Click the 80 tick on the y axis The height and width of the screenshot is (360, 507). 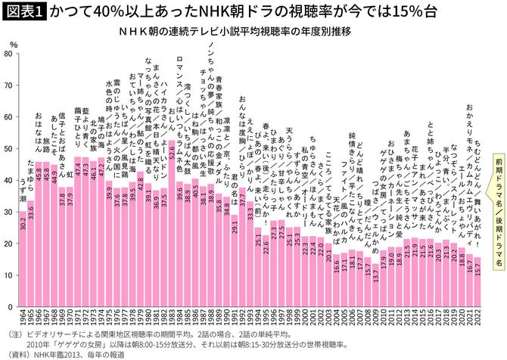pos(9,54)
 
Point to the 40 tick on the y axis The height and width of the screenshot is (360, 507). pos(9,181)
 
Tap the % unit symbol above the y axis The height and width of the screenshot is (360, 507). pos(14,45)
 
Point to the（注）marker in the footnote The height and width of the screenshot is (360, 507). pos(14,333)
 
